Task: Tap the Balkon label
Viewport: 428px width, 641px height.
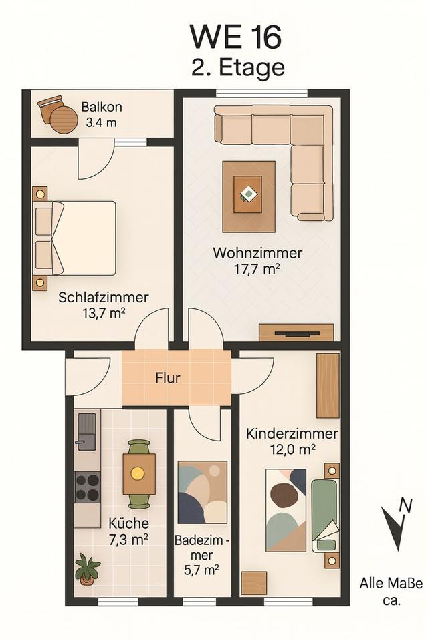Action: (102, 107)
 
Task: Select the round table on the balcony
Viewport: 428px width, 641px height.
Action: (64, 119)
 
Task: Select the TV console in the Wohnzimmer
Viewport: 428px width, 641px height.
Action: (296, 332)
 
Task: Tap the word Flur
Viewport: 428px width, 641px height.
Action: (167, 377)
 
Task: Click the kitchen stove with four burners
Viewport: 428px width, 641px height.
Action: (87, 487)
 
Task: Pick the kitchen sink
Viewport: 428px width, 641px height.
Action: (87, 431)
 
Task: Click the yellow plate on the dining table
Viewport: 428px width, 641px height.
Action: (138, 473)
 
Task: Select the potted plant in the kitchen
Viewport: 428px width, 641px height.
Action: (87, 568)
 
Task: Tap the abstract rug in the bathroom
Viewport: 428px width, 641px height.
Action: (203, 492)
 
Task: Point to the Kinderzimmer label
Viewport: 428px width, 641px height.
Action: (292, 433)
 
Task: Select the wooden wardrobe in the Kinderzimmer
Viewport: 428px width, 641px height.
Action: (328, 385)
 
